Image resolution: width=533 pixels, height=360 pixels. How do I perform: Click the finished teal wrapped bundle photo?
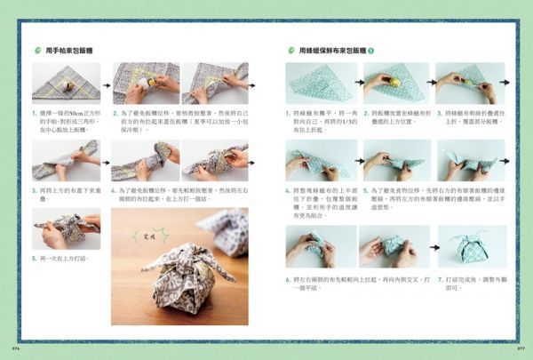coord(471,246)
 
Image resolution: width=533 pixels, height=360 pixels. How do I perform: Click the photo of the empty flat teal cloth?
coord(318,83)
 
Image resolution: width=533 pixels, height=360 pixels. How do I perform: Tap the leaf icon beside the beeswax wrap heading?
coord(290,51)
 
